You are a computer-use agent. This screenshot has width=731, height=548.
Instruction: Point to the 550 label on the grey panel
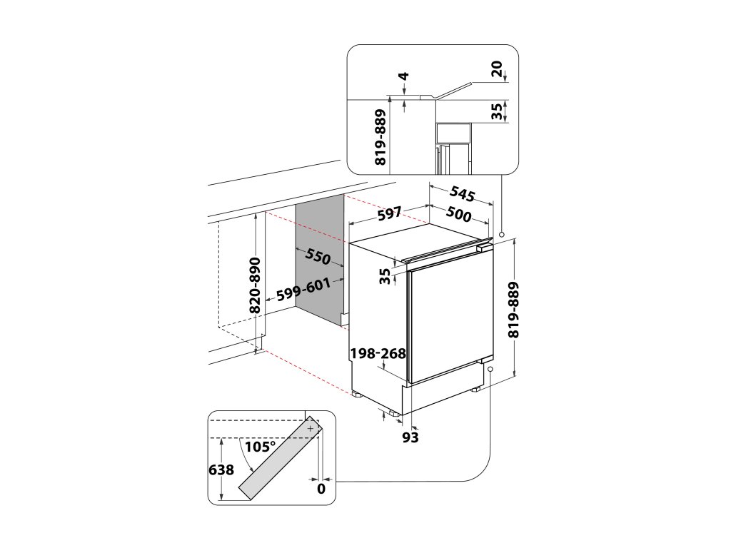[318, 258]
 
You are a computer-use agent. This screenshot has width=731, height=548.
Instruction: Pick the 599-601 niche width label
[303, 289]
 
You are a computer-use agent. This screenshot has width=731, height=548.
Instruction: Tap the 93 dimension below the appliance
[410, 437]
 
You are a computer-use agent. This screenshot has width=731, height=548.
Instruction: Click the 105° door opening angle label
[260, 447]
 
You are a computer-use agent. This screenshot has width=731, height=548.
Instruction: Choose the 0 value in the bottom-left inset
[321, 489]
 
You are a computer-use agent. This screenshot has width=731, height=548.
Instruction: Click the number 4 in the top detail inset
[403, 76]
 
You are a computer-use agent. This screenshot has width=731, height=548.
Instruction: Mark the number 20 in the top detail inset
[497, 69]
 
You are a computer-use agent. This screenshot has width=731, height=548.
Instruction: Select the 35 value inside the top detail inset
[497, 111]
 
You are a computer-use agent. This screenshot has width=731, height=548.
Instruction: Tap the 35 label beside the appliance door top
[386, 276]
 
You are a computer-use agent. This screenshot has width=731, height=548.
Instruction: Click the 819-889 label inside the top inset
[380, 138]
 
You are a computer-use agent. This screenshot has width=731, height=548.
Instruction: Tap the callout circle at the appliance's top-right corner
[502, 234]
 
